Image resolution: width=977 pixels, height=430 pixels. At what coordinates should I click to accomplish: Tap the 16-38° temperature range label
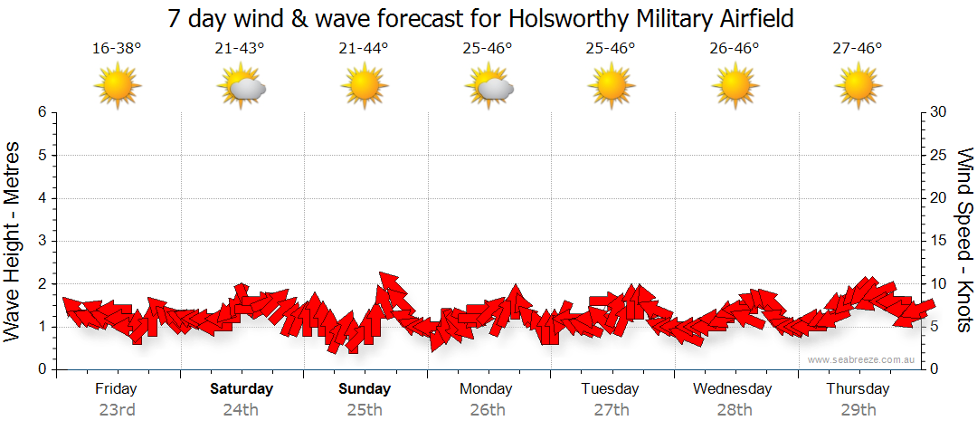click(117, 48)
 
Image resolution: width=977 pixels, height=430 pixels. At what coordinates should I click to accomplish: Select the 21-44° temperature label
click(364, 48)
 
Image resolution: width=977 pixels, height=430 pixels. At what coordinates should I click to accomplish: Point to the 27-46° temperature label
click(857, 48)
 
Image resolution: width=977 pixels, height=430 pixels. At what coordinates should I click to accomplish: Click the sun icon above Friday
click(118, 87)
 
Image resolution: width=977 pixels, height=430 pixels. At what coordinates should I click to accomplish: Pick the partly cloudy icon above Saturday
click(242, 87)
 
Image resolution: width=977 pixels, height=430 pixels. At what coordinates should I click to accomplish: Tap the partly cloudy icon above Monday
click(488, 87)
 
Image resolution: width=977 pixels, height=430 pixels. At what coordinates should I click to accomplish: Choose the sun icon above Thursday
click(857, 87)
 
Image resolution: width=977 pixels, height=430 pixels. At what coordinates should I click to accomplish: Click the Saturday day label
click(242, 389)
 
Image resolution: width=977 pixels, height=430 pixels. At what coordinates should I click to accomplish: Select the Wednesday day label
click(733, 389)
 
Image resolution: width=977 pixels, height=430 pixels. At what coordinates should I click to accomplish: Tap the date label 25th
click(364, 409)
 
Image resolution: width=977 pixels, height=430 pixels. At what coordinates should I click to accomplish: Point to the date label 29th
click(857, 409)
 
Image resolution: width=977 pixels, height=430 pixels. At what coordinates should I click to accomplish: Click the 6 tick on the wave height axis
click(42, 112)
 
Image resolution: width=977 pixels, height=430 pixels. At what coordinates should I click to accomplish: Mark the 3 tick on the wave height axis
click(42, 241)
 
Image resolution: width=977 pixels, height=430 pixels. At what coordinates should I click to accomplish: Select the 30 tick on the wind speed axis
click(939, 112)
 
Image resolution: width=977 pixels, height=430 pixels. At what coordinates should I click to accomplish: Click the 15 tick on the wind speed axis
click(939, 241)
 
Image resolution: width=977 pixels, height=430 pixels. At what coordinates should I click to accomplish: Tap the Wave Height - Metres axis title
click(14, 241)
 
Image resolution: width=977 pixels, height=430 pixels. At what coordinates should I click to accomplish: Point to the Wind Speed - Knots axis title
click(963, 241)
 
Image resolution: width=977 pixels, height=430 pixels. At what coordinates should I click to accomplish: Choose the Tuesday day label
click(610, 389)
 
